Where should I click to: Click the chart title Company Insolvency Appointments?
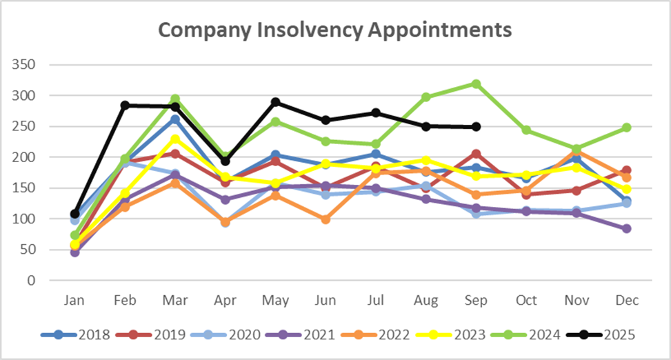click(335, 30)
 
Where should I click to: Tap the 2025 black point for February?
click(125, 106)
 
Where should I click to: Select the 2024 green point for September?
click(476, 84)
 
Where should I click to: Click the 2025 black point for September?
click(476, 127)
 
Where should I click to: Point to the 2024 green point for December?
click(626, 128)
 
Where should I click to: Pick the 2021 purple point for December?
click(626, 228)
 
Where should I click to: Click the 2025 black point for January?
click(74, 214)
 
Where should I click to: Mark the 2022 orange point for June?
click(326, 219)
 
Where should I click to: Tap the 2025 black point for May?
click(275, 102)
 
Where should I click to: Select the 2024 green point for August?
click(425, 97)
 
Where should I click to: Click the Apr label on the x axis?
click(225, 301)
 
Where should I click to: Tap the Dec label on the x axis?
click(626, 301)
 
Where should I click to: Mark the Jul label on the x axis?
click(375, 301)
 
